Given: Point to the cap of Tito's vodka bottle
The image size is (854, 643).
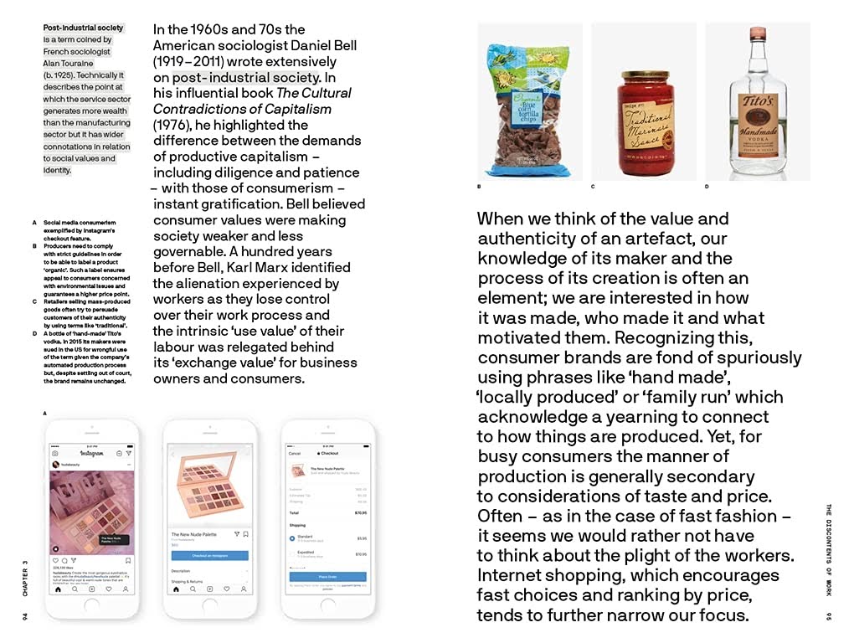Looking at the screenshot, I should click(x=758, y=33).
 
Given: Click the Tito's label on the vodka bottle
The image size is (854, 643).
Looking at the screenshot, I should click(x=757, y=110).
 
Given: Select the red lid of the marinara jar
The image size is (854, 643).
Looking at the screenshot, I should click(x=644, y=80).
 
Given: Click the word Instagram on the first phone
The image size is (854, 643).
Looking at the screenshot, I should click(x=91, y=453).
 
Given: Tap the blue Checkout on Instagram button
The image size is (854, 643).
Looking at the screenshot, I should click(x=209, y=555).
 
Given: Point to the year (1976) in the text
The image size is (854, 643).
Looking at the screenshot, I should click(x=172, y=125).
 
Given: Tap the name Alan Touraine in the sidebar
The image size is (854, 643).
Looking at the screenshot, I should click(x=69, y=63).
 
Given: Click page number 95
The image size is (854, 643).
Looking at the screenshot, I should click(x=829, y=616).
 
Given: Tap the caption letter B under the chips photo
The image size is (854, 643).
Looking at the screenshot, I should click(x=479, y=186).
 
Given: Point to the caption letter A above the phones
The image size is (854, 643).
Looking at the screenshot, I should click(x=44, y=414).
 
